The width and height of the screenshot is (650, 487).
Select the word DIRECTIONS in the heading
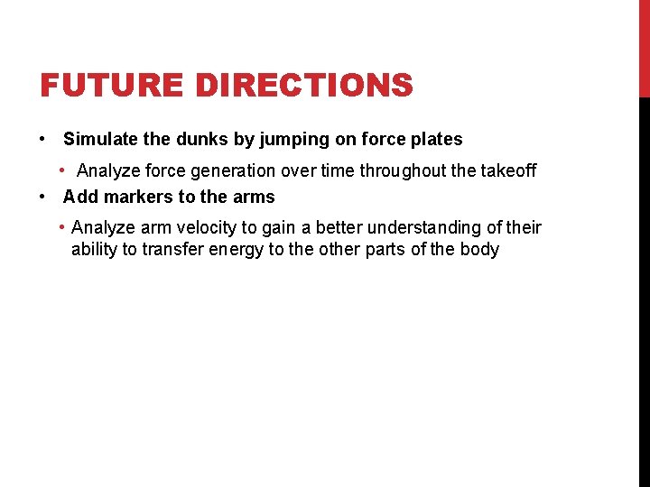304,86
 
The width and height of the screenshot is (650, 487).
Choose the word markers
141,197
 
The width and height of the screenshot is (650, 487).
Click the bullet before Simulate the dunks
42,140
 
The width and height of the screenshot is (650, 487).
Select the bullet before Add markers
42,197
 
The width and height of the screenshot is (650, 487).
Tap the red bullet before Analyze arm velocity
61,227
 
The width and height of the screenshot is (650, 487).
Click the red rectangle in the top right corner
644,48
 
